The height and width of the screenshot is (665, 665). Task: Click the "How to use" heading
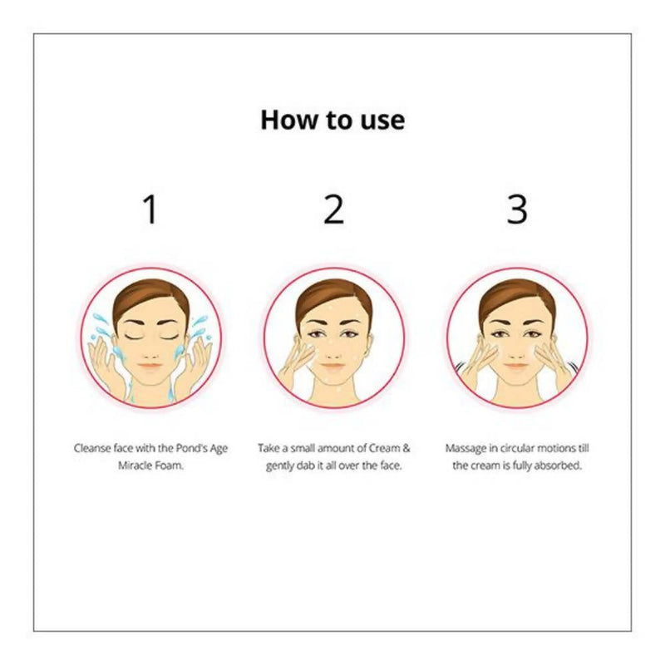click(332, 120)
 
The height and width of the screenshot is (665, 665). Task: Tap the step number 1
click(150, 209)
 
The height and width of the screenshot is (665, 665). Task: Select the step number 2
click(333, 209)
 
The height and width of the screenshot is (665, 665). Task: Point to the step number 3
click(517, 209)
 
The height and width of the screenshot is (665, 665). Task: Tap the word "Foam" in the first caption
click(169, 465)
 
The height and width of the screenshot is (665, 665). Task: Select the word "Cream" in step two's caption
click(384, 448)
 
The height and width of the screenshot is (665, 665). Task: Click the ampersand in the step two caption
click(406, 448)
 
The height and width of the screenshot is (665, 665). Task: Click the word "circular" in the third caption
click(517, 448)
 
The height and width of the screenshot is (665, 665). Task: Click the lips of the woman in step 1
click(150, 366)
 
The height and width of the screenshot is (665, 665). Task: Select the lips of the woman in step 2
click(333, 366)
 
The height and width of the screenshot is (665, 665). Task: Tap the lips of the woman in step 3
click(516, 366)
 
